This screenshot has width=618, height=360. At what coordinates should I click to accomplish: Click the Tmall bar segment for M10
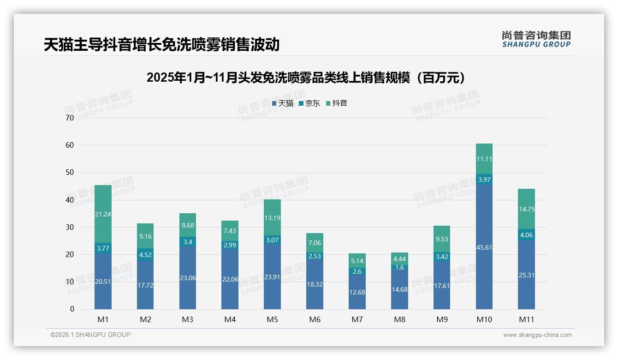pyautogui.click(x=484, y=247)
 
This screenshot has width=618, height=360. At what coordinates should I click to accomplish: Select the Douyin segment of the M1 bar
pyautogui.click(x=103, y=214)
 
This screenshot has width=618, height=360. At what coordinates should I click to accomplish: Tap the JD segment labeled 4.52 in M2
pyautogui.click(x=145, y=254)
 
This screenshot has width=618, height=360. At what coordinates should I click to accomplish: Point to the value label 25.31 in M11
pyautogui.click(x=526, y=275)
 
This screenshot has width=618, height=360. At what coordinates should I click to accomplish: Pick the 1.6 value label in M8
pyautogui.click(x=399, y=267)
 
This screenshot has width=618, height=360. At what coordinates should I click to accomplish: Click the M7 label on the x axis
pyautogui.click(x=357, y=319)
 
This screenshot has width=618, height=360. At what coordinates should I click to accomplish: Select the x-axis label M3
pyautogui.click(x=187, y=319)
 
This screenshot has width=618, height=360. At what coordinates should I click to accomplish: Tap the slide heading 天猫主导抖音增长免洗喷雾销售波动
pyautogui.click(x=161, y=44)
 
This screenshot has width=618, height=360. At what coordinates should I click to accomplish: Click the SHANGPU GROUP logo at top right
pyautogui.click(x=536, y=39)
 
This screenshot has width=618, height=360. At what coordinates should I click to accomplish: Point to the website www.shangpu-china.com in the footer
pyautogui.click(x=537, y=335)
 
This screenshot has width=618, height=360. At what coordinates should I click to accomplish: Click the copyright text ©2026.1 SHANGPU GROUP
pyautogui.click(x=90, y=335)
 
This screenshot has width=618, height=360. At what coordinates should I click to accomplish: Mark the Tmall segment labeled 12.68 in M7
pyautogui.click(x=357, y=292)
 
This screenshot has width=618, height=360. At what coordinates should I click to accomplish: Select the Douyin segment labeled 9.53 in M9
pyautogui.click(x=442, y=239)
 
